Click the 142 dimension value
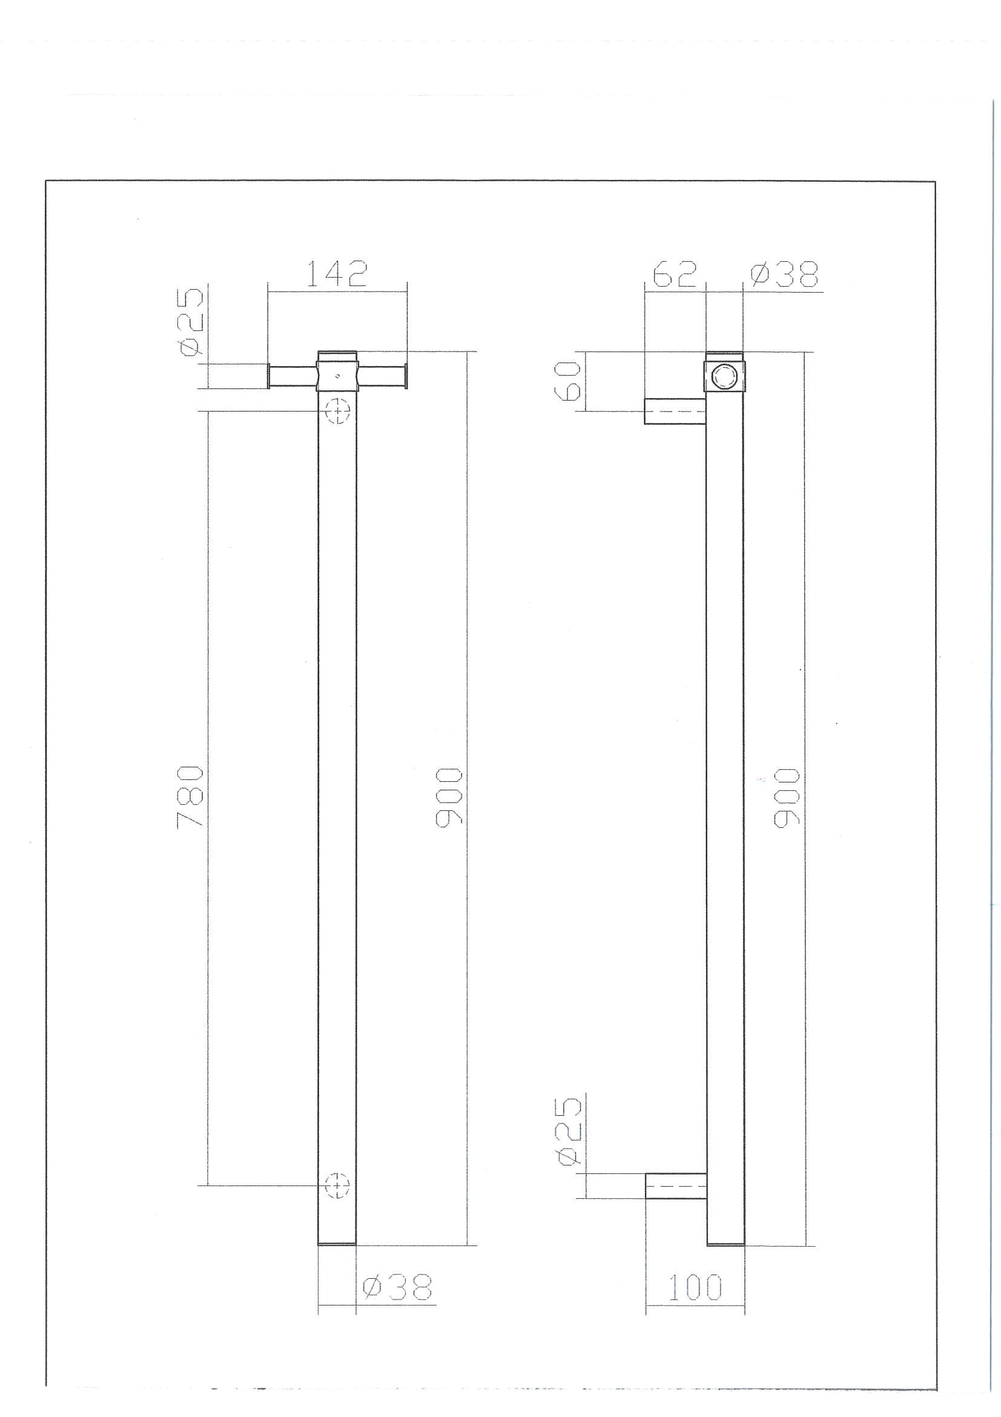pos(337,273)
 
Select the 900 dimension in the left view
pos(448,797)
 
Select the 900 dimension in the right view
pos(787,797)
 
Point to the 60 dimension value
pos(570,381)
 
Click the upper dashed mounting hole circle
pos(337,410)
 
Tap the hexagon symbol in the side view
pos(724,376)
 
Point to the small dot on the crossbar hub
pos(337,375)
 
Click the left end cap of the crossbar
pos(269,376)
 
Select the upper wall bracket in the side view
pos(675,411)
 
